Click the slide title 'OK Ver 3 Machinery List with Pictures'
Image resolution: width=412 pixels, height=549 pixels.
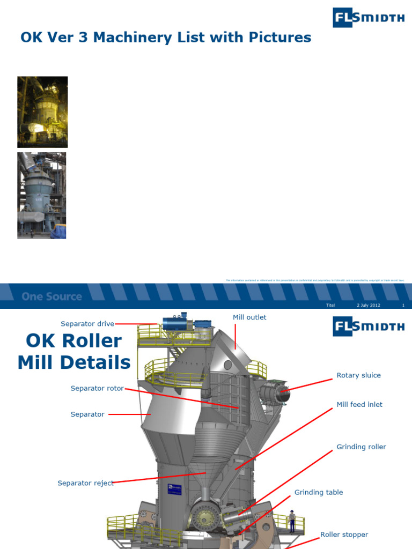tap(165, 38)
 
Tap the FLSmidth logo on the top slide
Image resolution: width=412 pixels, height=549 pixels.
tap(368, 18)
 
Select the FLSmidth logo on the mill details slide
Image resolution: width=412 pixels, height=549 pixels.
tap(368, 326)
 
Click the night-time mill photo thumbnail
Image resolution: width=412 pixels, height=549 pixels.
tap(42, 112)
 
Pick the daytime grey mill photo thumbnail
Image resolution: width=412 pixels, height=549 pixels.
tap(41, 195)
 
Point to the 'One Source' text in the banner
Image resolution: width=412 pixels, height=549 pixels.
tap(52, 296)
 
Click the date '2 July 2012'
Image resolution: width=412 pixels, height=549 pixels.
tap(368, 305)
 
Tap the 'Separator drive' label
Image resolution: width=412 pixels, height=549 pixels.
tap(87, 324)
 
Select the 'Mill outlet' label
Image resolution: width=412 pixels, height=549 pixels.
tap(249, 317)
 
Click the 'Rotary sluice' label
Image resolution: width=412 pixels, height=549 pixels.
tap(358, 375)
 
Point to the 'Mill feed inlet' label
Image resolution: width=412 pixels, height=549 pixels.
tap(359, 405)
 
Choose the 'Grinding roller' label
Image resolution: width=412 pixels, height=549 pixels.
tap(361, 447)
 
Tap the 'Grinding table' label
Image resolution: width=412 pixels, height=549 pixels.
tap(319, 492)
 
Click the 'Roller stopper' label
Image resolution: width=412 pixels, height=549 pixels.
tap(344, 535)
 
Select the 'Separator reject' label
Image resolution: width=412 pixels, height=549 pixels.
tap(85, 483)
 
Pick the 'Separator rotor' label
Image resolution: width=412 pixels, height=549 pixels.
tap(97, 388)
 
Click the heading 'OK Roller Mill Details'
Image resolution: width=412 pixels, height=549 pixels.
tap(74, 352)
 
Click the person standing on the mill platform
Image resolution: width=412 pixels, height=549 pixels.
tap(292, 521)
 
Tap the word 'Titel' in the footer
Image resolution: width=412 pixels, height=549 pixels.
tap(330, 305)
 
